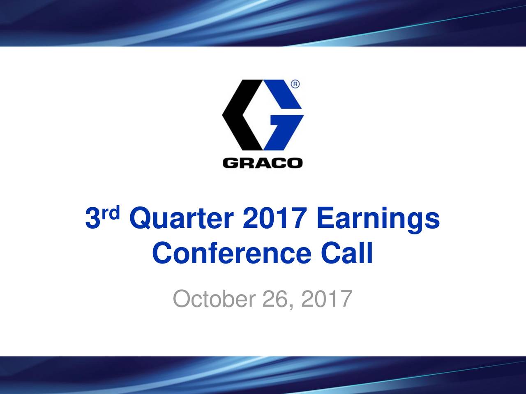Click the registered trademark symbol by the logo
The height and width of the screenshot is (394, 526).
(295, 84)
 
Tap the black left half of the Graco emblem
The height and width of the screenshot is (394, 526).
(238, 115)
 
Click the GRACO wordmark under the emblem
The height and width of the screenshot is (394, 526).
(263, 163)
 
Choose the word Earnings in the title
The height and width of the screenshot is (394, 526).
(378, 220)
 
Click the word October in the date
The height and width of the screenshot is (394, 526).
(213, 299)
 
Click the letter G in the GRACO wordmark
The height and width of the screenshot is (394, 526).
(230, 163)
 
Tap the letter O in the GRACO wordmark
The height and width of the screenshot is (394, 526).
(295, 163)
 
